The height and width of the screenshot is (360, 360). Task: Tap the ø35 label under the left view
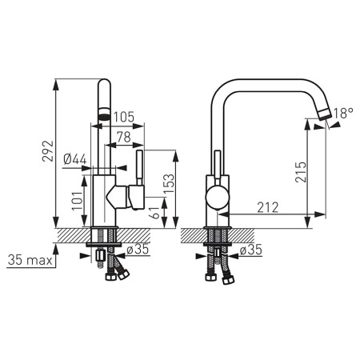click(138, 250)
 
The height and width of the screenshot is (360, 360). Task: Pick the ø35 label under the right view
click(252, 250)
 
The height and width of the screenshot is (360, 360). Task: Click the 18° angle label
click(342, 114)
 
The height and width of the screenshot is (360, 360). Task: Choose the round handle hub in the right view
click(217, 199)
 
